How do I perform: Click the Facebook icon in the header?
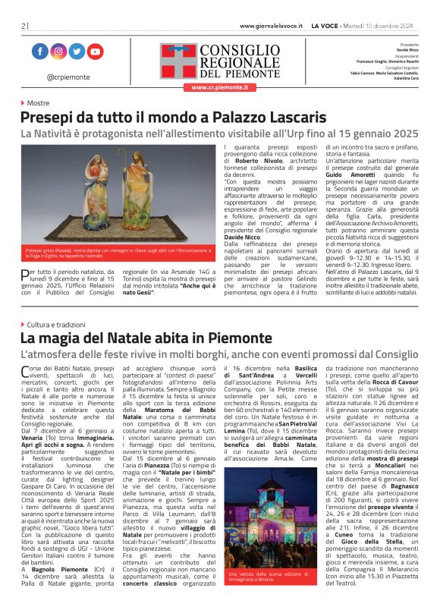click(x=40, y=52)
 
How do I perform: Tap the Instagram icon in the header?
click(x=58, y=52)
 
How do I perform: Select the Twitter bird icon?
click(x=77, y=52)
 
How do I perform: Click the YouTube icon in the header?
click(x=95, y=52)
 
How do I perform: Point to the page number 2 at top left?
click(x=23, y=26)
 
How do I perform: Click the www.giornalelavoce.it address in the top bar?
click(x=271, y=26)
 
